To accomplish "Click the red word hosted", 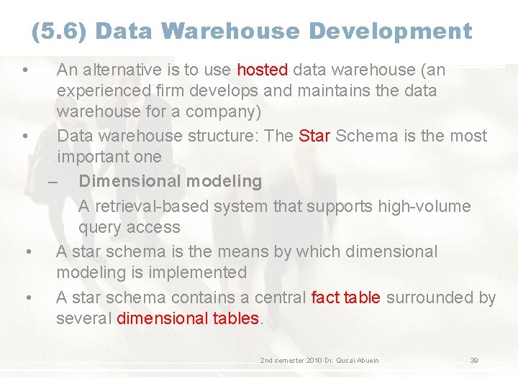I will click(x=263, y=70).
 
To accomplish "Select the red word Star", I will click(x=314, y=136).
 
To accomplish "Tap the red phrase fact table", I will click(x=346, y=297).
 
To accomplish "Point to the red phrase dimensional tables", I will click(x=187, y=318).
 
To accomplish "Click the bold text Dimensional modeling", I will click(x=170, y=181).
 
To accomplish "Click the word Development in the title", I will click(x=391, y=32).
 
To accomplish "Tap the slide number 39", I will click(x=474, y=360).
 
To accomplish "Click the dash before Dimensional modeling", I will click(x=55, y=181).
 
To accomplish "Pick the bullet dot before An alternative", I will click(x=24, y=70).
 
